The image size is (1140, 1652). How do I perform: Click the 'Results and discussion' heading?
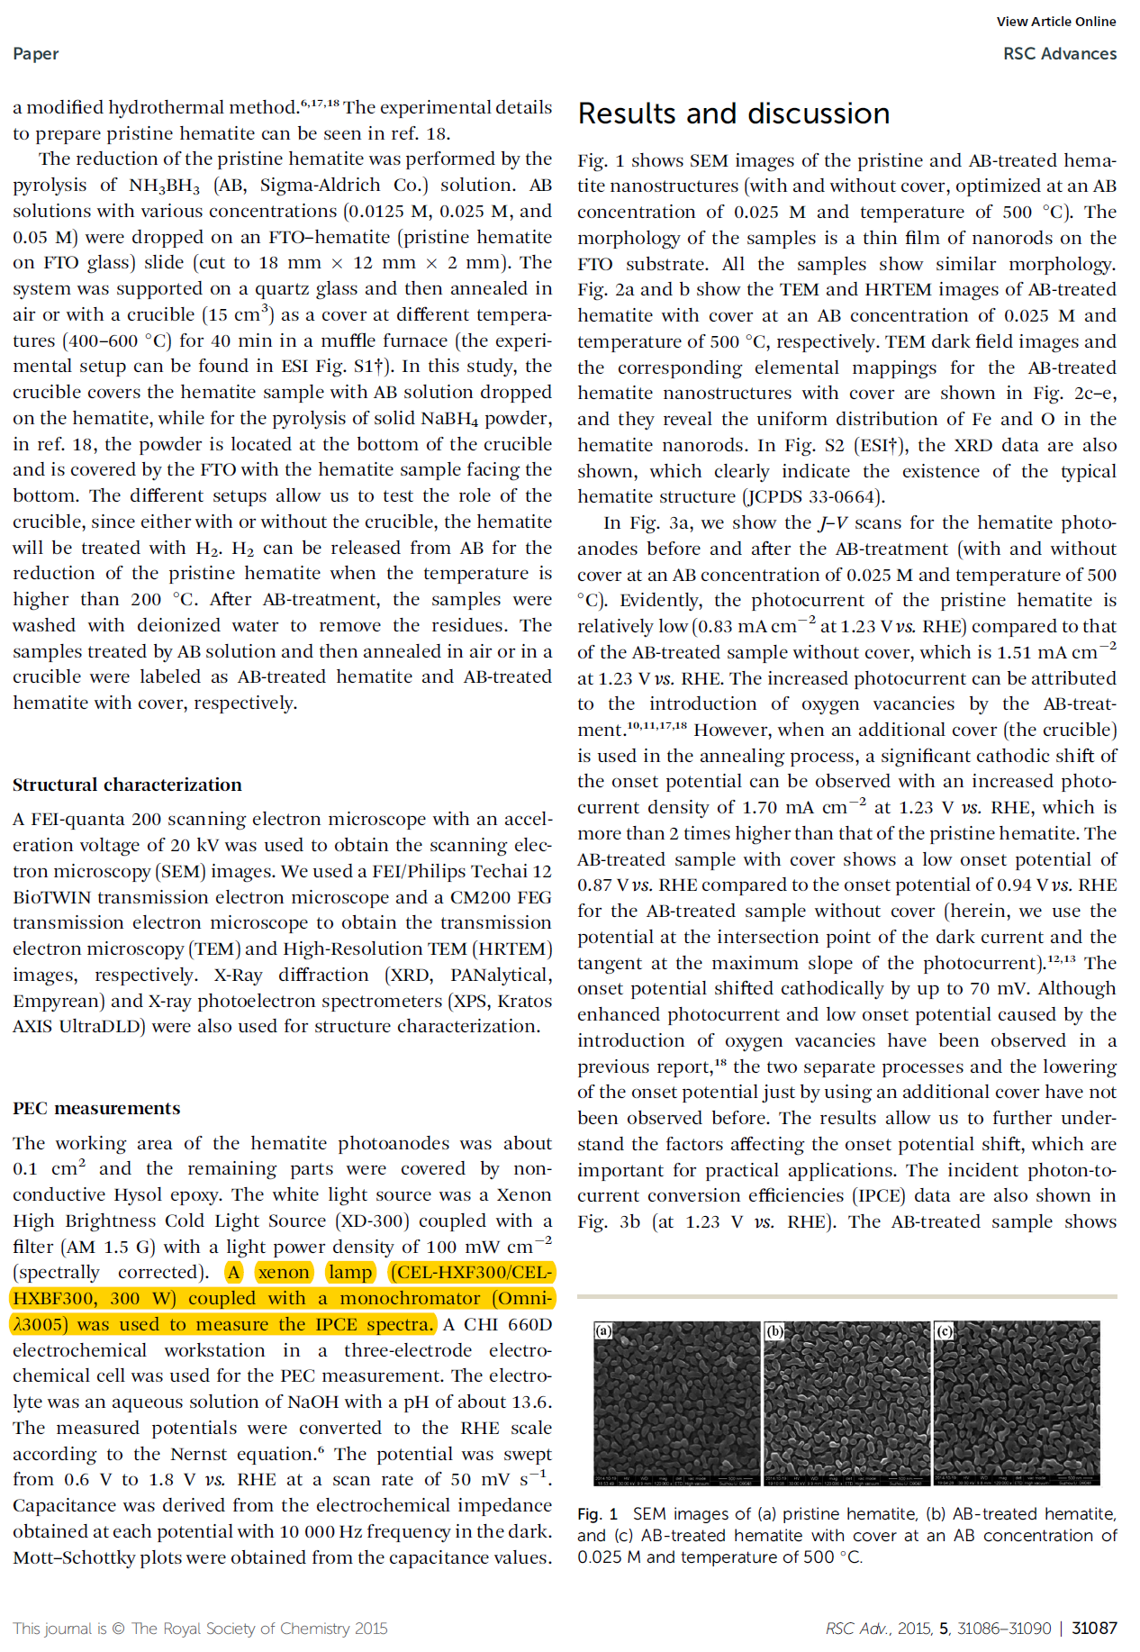click(733, 113)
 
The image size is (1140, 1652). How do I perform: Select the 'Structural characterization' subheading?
click(127, 785)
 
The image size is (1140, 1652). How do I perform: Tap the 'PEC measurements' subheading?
click(96, 1108)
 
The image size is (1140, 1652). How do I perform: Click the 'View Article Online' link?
click(1055, 22)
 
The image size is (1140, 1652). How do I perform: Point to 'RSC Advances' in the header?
click(1059, 54)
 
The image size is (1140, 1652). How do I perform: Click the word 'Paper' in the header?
click(36, 54)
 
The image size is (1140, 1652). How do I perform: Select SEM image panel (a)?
click(676, 1402)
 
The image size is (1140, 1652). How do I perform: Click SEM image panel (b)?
click(846, 1402)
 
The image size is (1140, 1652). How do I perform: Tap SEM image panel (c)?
click(1017, 1402)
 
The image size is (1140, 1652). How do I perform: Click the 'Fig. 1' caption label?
click(597, 1514)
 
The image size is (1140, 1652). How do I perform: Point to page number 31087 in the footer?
click(1094, 1628)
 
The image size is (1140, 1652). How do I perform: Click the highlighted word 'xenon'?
click(284, 1272)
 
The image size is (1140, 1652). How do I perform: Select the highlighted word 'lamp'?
click(350, 1272)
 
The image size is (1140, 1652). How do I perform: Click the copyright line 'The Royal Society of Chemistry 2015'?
click(259, 1628)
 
